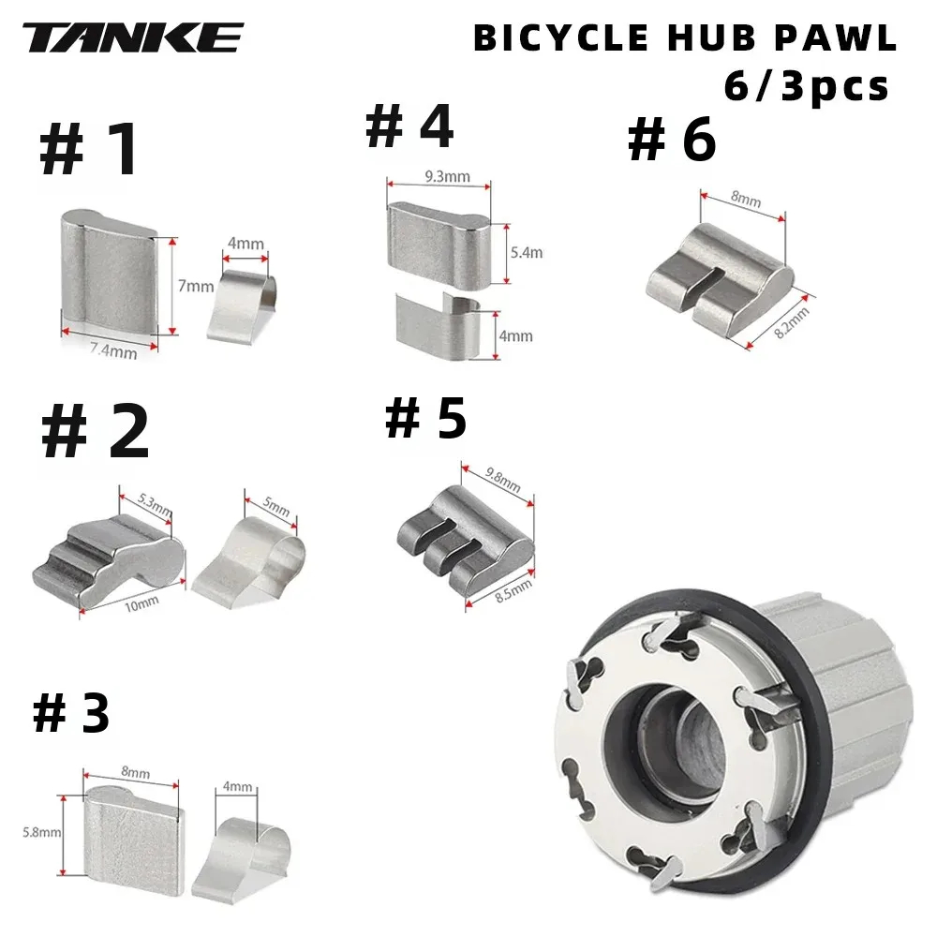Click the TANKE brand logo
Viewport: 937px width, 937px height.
pyautogui.click(x=133, y=37)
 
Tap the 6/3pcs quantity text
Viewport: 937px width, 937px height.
pyautogui.click(x=806, y=86)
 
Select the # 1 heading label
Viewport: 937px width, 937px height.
pyautogui.click(x=90, y=149)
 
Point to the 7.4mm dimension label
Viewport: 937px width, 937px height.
pyautogui.click(x=113, y=350)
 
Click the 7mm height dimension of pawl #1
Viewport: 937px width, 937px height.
pyautogui.click(x=196, y=286)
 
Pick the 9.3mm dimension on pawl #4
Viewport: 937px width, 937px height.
pyautogui.click(x=448, y=176)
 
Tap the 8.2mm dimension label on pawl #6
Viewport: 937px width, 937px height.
pyautogui.click(x=792, y=323)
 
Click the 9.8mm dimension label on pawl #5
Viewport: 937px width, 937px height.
pyautogui.click(x=502, y=479)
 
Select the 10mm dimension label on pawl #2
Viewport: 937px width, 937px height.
pyautogui.click(x=141, y=603)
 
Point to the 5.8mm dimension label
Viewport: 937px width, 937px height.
pyautogui.click(x=42, y=832)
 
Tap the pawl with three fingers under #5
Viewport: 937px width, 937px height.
pyautogui.click(x=466, y=542)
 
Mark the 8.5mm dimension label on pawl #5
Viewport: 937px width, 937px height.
pyautogui.click(x=513, y=591)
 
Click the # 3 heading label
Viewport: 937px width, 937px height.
pyautogui.click(x=72, y=713)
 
